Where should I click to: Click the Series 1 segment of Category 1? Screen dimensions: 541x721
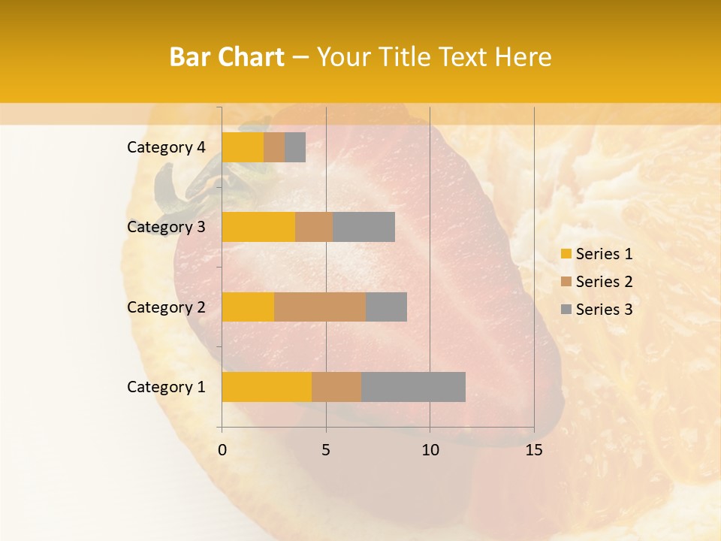tap(267, 387)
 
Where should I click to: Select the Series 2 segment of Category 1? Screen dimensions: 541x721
tap(336, 387)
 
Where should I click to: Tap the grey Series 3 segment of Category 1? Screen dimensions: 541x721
tap(413, 387)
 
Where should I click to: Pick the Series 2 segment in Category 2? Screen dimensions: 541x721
tap(320, 307)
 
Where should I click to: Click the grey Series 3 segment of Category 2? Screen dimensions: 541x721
tap(386, 307)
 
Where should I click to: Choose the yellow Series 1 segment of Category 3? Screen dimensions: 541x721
tap(258, 227)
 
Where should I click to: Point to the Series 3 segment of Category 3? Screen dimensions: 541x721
tap(364, 227)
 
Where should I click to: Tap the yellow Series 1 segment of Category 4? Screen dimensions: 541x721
tap(243, 147)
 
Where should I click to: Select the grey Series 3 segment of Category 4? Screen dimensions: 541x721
tap(295, 147)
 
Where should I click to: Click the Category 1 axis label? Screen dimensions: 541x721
tap(165, 387)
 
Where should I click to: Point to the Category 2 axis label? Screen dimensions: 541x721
tap(165, 307)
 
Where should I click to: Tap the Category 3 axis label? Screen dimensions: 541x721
tap(165, 227)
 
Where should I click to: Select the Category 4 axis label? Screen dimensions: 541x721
tap(165, 147)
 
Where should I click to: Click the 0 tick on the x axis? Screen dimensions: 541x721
tap(222, 450)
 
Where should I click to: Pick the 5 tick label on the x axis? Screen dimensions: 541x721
tap(326, 450)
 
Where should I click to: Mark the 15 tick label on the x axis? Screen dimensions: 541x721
tap(533, 450)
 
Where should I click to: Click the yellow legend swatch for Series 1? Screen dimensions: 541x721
tap(566, 254)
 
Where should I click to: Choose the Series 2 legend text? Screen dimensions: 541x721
tap(604, 282)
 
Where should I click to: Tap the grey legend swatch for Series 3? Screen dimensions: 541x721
tap(566, 310)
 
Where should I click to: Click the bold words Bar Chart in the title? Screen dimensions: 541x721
tap(226, 57)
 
